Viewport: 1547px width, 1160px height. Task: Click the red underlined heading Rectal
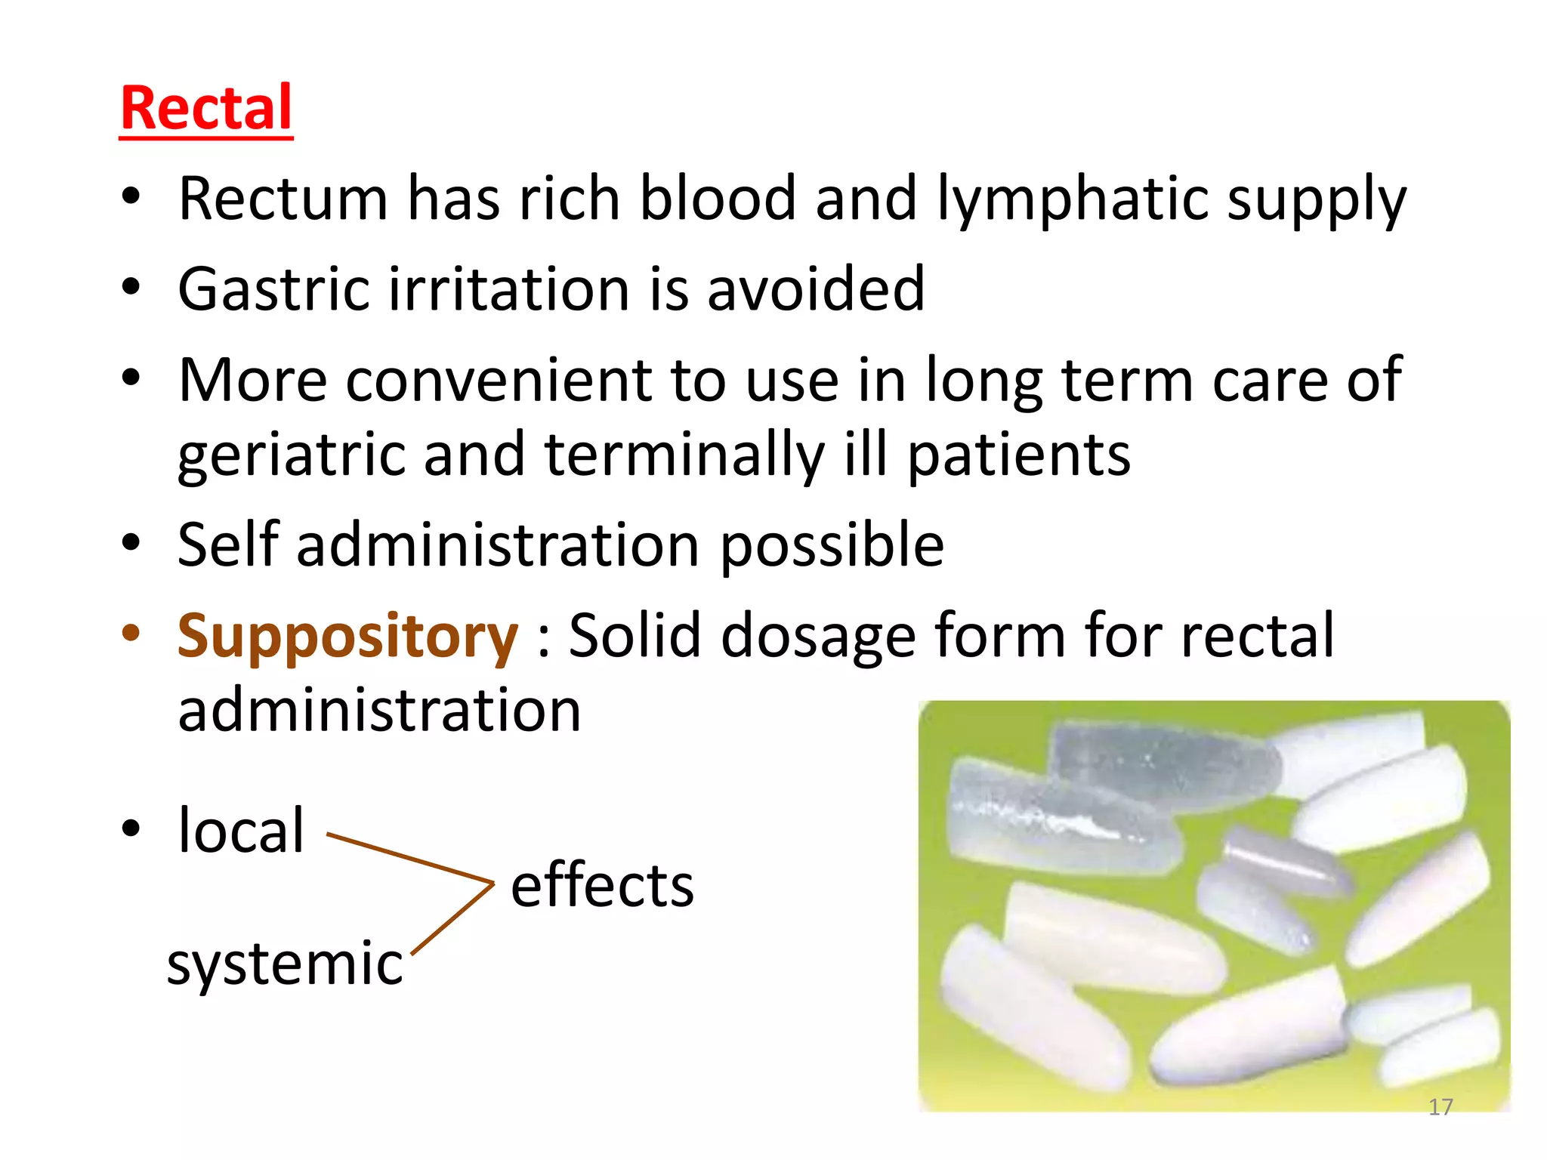pyautogui.click(x=206, y=109)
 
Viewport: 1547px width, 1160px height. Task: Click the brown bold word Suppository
pyautogui.click(x=347, y=636)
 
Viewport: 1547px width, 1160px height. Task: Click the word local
pyautogui.click(x=241, y=830)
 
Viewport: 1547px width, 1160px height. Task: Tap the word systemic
pyautogui.click(x=285, y=964)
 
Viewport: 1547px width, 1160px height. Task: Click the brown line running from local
pyautogui.click(x=408, y=858)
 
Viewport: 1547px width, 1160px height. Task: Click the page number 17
pyautogui.click(x=1440, y=1107)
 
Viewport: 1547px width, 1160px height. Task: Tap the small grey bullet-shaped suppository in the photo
pyautogui.click(x=1284, y=861)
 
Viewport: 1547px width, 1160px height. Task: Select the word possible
pyautogui.click(x=832, y=546)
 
